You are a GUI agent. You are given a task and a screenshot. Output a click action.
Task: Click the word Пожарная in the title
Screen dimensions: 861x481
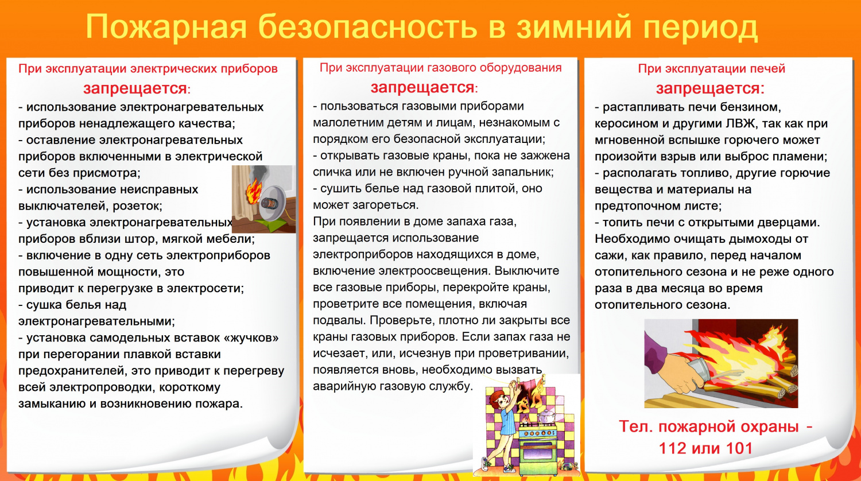166,28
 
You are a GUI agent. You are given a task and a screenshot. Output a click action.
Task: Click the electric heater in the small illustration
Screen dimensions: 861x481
274,204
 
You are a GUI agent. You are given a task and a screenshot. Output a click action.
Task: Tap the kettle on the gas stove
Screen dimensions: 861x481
546,417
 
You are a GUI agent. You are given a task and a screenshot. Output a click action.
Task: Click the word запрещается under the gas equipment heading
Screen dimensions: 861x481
422,87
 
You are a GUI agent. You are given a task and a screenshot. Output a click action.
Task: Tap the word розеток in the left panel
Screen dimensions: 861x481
138,206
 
